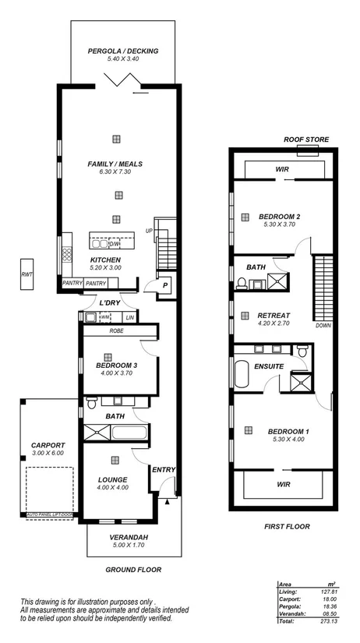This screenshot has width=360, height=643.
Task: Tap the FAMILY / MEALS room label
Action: coord(115,164)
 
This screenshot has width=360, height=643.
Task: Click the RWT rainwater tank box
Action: coord(28,274)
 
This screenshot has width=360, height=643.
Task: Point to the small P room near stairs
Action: coord(165,286)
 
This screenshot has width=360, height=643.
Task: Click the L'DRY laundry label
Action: coord(108,303)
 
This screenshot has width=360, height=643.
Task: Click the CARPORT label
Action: coord(48,445)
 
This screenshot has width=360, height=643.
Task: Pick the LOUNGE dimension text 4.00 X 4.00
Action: coord(112,488)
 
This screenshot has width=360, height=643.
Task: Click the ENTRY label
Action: coord(164,469)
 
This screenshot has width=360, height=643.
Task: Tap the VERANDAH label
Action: coord(128,538)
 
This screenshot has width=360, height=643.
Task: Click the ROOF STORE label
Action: coord(306,140)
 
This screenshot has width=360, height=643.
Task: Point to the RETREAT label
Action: coord(274,316)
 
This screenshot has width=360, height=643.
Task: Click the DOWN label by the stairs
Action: coord(323,326)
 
